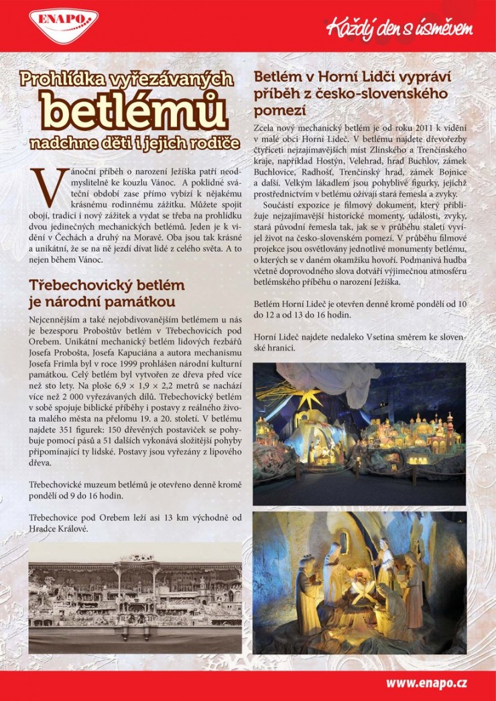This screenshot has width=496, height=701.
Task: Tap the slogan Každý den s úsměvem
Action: (x=399, y=29)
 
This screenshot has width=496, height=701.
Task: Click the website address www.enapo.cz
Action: (x=426, y=683)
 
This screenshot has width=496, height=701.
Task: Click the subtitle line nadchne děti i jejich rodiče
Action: (x=134, y=143)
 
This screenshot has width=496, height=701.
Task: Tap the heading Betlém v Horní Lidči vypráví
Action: (x=353, y=77)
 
